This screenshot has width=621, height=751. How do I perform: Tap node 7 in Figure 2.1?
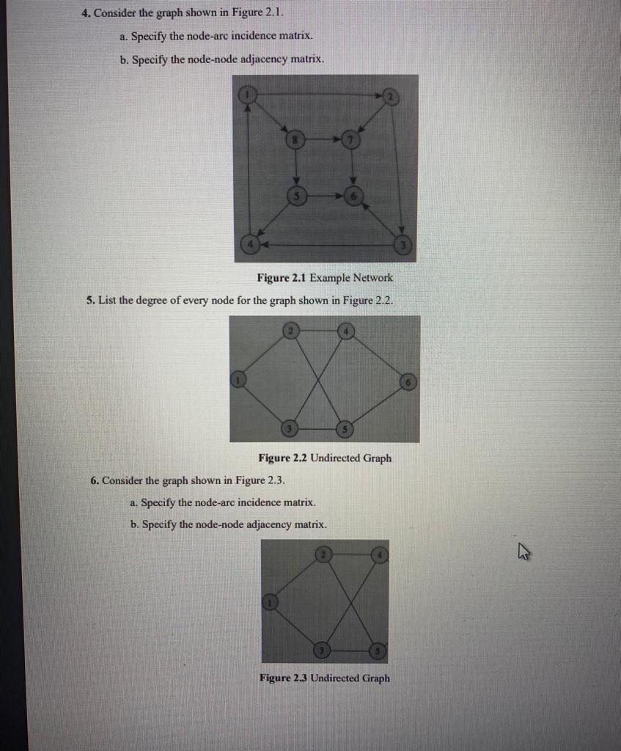tap(353, 139)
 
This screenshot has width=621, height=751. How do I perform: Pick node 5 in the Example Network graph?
tap(295, 197)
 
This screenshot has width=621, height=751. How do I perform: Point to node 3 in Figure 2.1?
tap(402, 244)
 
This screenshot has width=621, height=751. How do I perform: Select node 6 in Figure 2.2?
tap(409, 381)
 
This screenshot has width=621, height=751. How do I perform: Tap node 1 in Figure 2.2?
tap(238, 380)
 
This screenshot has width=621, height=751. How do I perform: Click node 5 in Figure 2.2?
tap(345, 428)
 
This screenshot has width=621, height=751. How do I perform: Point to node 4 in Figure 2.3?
tap(379, 554)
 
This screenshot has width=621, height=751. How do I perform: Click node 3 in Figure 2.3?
tap(321, 651)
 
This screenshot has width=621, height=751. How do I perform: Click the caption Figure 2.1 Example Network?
tap(325, 278)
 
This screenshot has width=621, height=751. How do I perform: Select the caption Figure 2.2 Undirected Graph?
tap(325, 458)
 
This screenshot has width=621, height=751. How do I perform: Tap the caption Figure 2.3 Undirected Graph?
tap(325, 678)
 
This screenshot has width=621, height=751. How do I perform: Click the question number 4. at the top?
tap(86, 13)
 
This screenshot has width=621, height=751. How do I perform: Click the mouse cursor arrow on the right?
tap(523, 554)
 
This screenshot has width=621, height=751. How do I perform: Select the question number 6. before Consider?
tap(95, 481)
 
